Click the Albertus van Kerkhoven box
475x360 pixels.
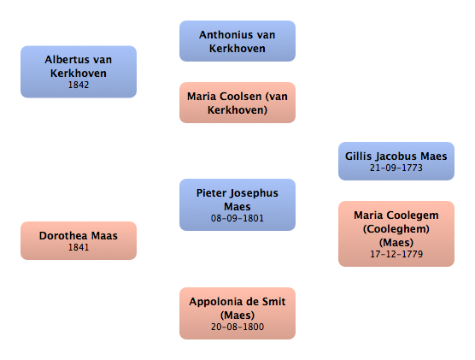79,72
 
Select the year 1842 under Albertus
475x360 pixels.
79,85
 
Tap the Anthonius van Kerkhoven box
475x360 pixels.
237,41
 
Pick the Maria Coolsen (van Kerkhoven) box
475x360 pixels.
237,103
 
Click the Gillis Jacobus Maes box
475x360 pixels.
396,161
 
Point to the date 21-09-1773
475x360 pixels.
396,168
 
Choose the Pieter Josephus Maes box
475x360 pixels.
237,204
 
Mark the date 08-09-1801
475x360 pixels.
237,218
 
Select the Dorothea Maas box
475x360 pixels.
79,240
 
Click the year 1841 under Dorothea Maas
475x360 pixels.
79,247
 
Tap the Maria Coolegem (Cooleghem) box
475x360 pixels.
396,233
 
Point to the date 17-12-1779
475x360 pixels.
396,254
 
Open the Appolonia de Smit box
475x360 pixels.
237,313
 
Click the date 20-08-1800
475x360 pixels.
237,327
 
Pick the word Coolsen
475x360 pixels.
241,97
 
